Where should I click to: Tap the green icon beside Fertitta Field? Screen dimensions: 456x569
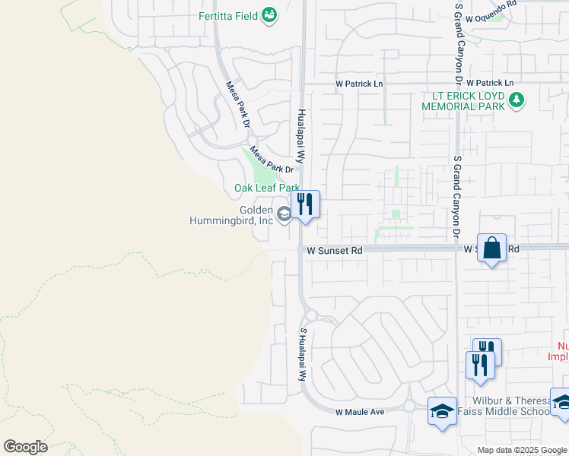point(269,14)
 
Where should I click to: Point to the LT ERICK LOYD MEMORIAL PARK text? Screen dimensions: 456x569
point(464,102)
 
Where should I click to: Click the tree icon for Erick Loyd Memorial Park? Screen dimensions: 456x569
point(517,100)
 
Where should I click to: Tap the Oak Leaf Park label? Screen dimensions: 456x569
point(266,188)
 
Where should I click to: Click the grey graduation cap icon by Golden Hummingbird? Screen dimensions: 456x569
point(284,215)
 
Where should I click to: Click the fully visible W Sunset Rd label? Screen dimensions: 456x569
point(335,249)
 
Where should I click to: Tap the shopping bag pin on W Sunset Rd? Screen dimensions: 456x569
point(491,249)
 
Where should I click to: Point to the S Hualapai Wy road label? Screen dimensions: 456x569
point(303,354)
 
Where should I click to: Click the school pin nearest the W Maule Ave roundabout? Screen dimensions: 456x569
point(442,412)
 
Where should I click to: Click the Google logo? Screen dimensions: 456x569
point(25,447)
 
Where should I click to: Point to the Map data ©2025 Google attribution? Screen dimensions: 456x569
point(522,450)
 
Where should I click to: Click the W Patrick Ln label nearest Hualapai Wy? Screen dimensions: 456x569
point(360,83)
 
